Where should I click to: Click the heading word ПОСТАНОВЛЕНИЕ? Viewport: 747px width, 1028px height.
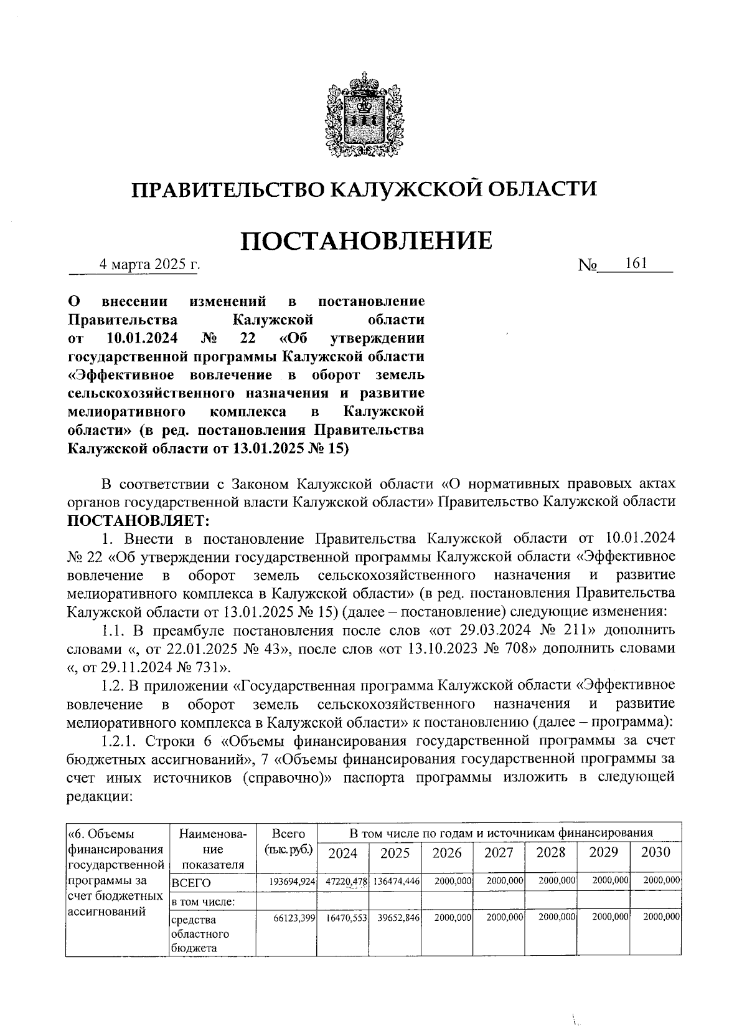[367, 241]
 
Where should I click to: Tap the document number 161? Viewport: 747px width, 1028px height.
[637, 264]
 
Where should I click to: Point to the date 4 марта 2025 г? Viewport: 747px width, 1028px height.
[150, 264]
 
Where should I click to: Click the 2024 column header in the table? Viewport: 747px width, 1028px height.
[342, 852]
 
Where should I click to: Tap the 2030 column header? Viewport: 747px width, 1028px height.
[655, 852]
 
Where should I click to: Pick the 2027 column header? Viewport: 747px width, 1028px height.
[499, 852]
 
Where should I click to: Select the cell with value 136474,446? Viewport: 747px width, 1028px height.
[395, 882]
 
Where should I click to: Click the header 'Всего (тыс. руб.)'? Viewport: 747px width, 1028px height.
[289, 842]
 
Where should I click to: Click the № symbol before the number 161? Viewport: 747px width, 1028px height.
[588, 265]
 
